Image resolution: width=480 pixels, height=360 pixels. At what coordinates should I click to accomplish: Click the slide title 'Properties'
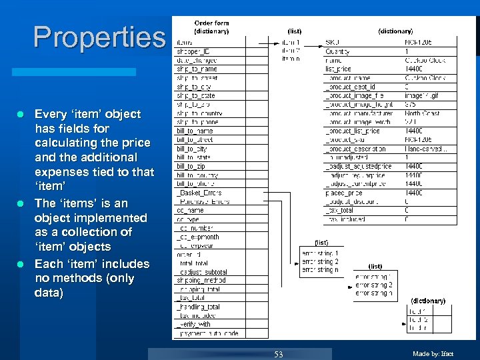pos(99,37)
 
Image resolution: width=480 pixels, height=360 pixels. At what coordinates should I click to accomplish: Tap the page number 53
pos(279,354)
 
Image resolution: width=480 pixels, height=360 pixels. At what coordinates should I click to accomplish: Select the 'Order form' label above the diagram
pos(211,24)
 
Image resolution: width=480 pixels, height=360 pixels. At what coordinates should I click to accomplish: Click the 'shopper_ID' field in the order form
pos(193,51)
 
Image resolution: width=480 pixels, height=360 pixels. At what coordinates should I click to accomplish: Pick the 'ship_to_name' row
pos(197,69)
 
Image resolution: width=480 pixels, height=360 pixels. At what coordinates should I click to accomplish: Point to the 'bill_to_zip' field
pos(191,166)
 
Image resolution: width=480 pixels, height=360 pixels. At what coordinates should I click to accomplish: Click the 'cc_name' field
pos(191,210)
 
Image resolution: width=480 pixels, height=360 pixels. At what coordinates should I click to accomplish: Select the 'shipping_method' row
pos(202,281)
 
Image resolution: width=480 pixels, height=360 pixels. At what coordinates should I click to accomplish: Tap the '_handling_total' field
pos(199,307)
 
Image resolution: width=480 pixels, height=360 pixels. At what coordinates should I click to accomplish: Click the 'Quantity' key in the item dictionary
pos(338,51)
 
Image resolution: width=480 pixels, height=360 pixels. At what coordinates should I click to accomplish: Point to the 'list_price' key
pos(338,69)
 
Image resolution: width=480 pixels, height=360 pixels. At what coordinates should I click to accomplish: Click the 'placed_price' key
pos(343,193)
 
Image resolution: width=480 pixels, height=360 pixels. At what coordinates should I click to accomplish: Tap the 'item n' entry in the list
pos(291,60)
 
